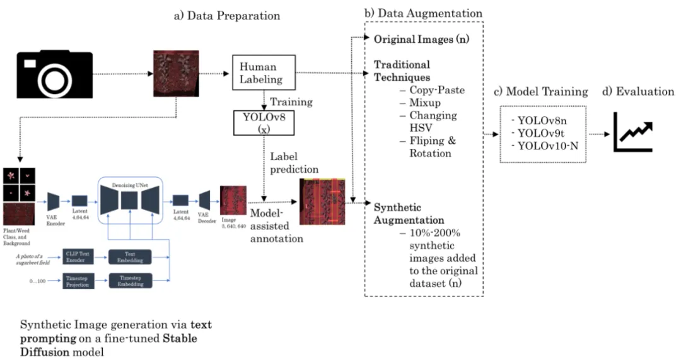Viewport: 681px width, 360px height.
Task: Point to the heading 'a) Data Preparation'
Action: coord(227,15)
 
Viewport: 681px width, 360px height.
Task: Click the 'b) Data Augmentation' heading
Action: coord(424,13)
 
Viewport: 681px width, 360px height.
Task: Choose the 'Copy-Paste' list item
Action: coord(436,90)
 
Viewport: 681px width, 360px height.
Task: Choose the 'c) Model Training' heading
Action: coord(542,92)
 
